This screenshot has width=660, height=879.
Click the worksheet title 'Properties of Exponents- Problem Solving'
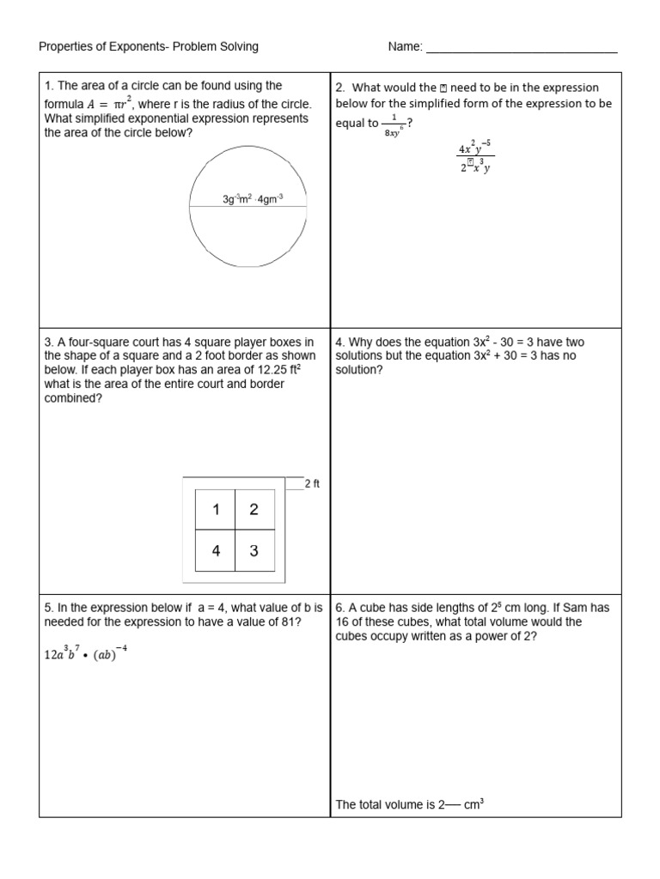pos(149,46)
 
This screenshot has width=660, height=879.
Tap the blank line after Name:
pos(522,48)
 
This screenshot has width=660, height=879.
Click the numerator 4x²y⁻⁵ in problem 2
pos(476,147)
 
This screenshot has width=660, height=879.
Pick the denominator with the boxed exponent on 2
pos(475,167)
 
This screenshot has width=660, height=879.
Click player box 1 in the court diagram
pos(216,510)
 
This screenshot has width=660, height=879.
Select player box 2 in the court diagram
pos(254,510)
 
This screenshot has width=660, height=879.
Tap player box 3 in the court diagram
pos(254,551)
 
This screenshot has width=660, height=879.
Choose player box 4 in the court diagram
pos(216,551)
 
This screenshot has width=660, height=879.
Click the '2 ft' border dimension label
pos(313,484)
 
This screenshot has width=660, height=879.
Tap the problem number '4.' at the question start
pos(340,343)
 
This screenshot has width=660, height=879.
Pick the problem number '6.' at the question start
pos(340,608)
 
